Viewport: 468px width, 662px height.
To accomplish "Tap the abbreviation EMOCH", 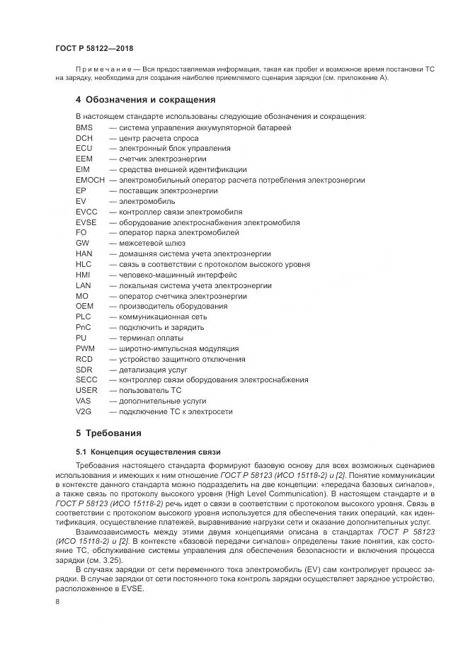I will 90,180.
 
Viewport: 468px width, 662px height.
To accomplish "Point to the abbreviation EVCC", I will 86,212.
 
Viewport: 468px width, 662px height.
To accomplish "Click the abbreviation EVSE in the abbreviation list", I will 86,222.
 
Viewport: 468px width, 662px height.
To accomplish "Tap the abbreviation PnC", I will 83,327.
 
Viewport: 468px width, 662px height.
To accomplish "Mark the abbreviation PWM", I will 85,348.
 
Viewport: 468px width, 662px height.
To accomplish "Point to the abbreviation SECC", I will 86,379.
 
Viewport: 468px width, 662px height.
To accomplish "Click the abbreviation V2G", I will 84,411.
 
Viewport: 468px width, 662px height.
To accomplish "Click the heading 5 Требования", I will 109,433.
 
